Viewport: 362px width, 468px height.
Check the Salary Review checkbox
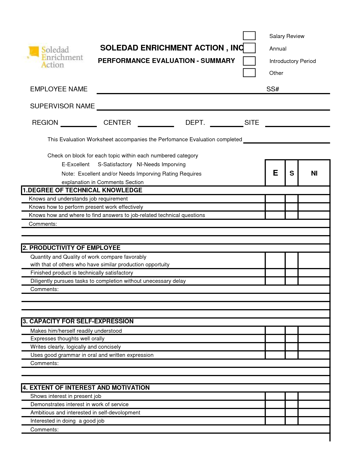point(249,36)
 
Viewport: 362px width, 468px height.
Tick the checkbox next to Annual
point(249,48)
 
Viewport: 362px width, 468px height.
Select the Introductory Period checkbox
point(249,61)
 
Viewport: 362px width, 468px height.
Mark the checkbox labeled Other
point(249,73)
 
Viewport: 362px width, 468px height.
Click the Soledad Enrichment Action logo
point(56,57)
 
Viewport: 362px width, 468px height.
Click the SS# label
point(273,89)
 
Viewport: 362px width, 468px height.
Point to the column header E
point(275,173)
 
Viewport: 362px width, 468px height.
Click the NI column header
point(314,173)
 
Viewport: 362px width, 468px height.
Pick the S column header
point(292,173)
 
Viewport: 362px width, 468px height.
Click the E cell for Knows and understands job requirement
point(275,199)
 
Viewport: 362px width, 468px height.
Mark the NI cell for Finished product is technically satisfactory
point(314,273)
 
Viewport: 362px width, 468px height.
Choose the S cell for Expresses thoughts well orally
point(292,339)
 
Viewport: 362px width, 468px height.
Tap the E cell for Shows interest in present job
point(275,396)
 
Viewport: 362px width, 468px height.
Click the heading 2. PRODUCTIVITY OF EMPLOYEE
point(72,248)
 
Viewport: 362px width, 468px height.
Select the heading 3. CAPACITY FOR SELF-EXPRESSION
point(78,321)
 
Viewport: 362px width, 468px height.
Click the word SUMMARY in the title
point(218,61)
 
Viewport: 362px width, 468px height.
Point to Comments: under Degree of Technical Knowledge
point(43,224)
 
